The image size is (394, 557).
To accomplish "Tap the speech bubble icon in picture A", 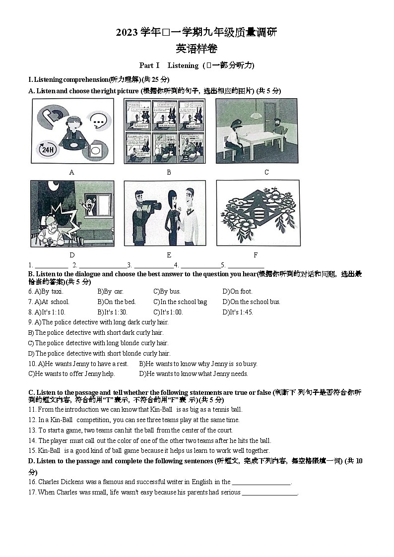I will (x=99, y=120).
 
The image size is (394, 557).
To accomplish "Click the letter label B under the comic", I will (x=169, y=172).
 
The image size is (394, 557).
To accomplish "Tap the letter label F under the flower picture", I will (x=256, y=255).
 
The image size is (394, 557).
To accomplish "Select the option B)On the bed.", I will (x=116, y=302).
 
